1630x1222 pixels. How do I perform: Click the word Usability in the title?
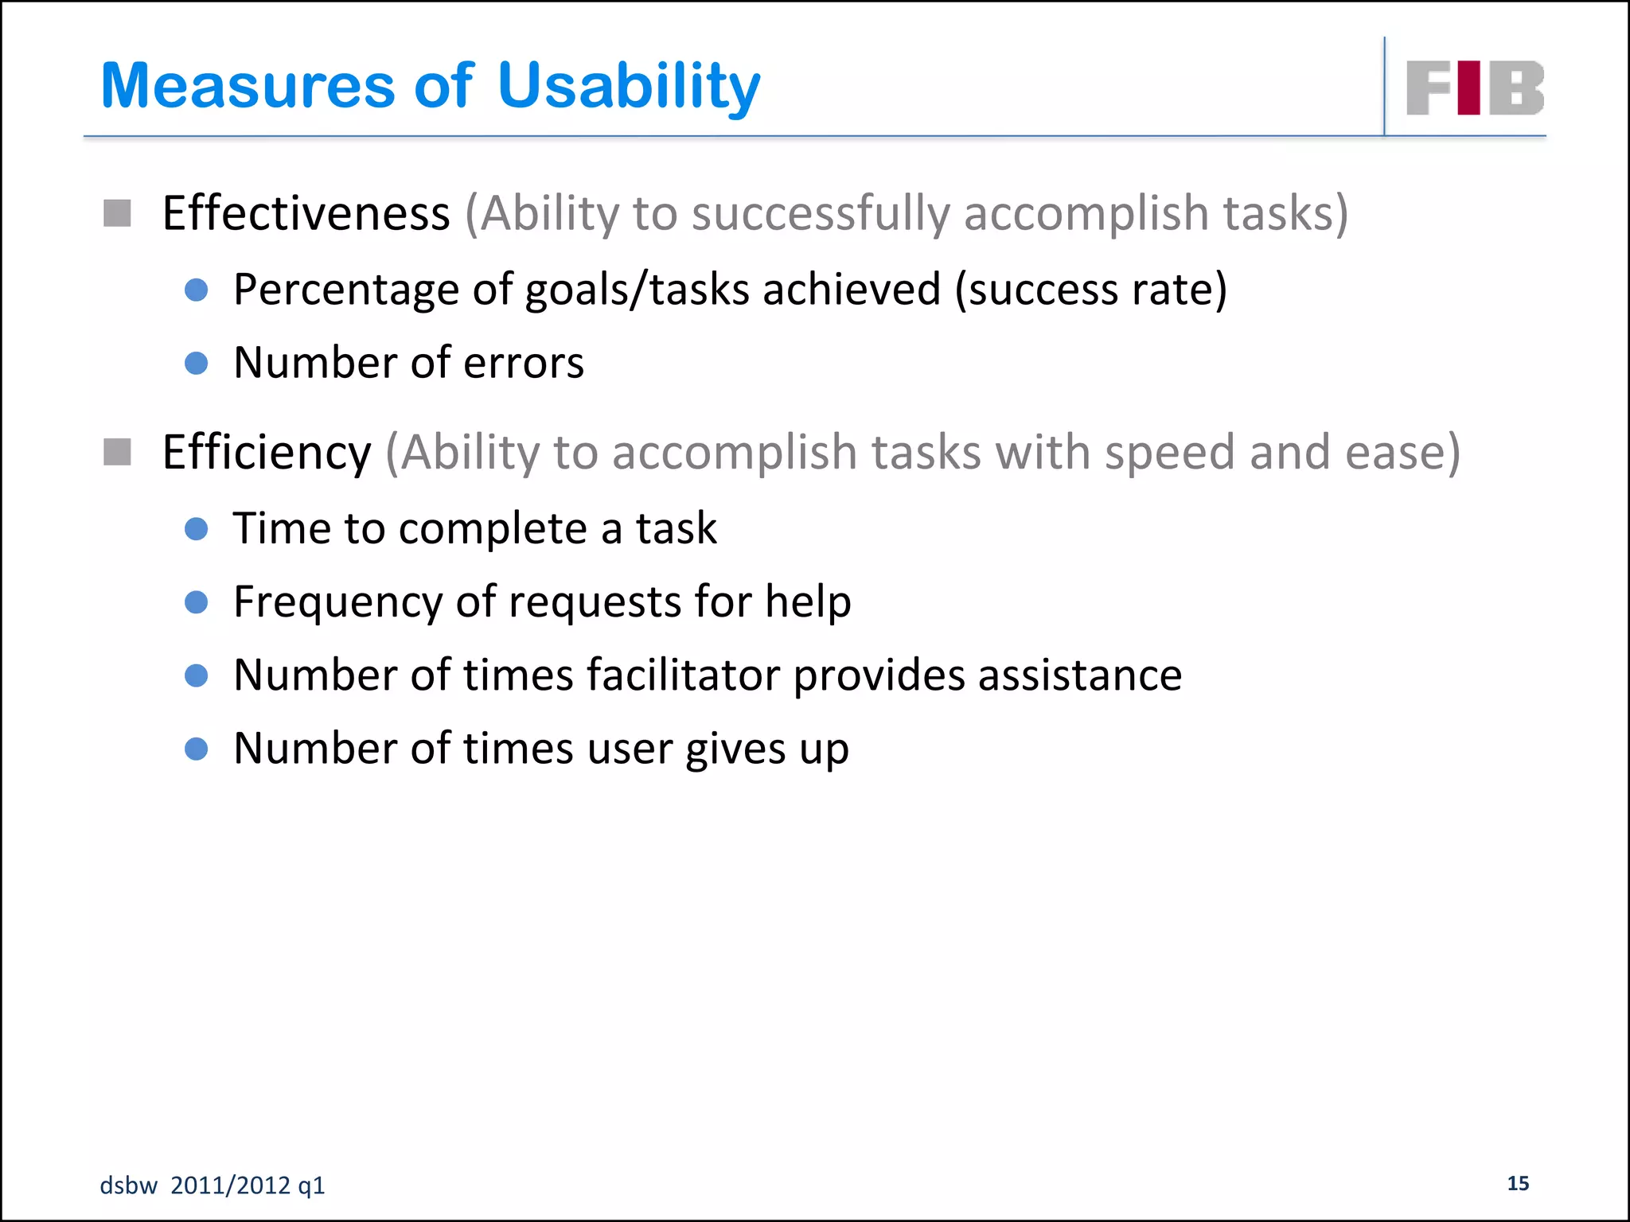tap(629, 86)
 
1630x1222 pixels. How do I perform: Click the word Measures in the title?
tap(248, 86)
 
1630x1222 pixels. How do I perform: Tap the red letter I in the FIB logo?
tap(1469, 88)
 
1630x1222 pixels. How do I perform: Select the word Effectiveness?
tap(306, 213)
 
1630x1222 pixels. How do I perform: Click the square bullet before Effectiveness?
tap(117, 213)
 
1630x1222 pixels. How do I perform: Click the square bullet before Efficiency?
tap(117, 452)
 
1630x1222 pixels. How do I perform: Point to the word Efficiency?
tap(266, 452)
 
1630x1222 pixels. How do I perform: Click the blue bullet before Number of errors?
tap(196, 364)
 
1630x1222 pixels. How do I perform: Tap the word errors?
tap(524, 364)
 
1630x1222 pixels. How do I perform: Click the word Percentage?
tap(345, 290)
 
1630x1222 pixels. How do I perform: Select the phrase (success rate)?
tap(1090, 290)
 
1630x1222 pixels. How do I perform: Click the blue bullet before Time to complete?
tap(196, 529)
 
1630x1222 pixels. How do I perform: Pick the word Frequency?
tap(337, 602)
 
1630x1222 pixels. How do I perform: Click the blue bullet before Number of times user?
tap(196, 749)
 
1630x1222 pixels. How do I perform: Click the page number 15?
tap(1518, 1183)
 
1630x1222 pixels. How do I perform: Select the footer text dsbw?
tap(128, 1185)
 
